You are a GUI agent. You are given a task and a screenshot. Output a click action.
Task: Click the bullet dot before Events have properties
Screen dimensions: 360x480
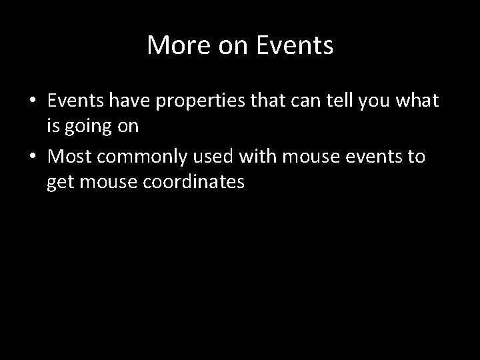[33, 101]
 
